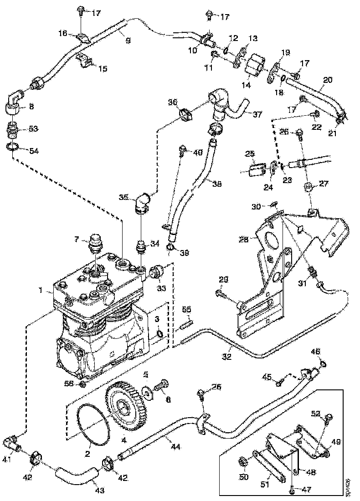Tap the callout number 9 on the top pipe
tap(128, 41)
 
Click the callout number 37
tap(257, 115)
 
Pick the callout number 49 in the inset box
tap(336, 441)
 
